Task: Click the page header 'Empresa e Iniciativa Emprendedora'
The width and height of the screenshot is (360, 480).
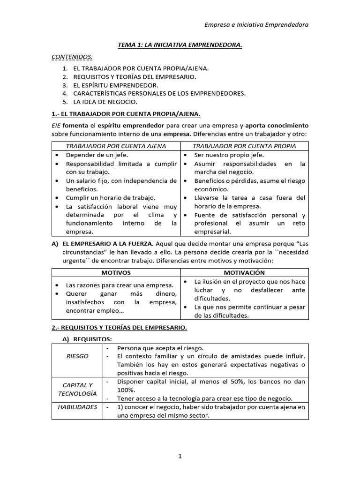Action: pyautogui.click(x=257, y=24)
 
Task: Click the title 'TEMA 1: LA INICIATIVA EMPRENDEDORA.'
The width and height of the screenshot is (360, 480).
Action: pyautogui.click(x=180, y=45)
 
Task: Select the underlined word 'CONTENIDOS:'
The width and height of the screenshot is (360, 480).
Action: pyautogui.click(x=72, y=57)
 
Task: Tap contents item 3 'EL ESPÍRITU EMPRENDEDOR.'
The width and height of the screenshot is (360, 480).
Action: pyautogui.click(x=116, y=85)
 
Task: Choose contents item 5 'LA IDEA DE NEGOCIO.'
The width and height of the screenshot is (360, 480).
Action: pyautogui.click(x=105, y=102)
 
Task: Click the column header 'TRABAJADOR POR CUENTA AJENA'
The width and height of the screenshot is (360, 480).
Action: pyautogui.click(x=116, y=146)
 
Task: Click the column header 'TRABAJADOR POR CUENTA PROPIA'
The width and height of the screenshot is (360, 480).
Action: pyautogui.click(x=244, y=146)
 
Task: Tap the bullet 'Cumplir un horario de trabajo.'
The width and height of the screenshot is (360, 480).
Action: pyautogui.click(x=111, y=198)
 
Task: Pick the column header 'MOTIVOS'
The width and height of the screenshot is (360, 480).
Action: pyautogui.click(x=116, y=272)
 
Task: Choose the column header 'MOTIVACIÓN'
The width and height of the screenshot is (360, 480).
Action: pyautogui.click(x=244, y=272)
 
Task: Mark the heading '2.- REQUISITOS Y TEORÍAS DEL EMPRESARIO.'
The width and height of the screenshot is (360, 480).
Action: pyautogui.click(x=119, y=328)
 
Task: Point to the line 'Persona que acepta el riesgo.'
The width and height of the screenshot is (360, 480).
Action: pyautogui.click(x=160, y=348)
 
